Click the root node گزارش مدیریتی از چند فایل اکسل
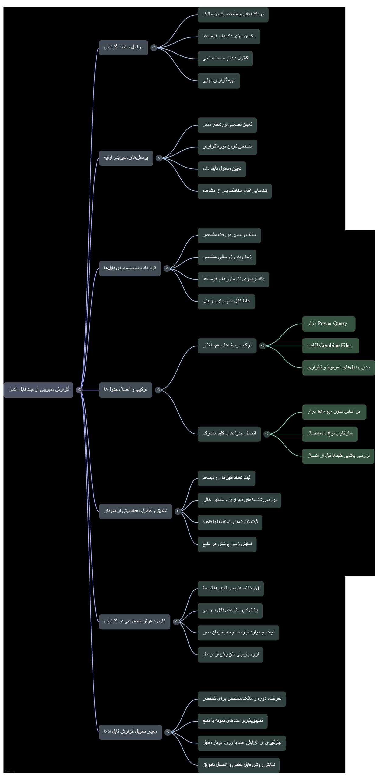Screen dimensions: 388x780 38,390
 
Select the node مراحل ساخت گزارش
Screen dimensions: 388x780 123,48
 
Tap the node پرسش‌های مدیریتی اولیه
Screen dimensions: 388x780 126,158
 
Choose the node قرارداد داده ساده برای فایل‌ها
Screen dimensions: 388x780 130,268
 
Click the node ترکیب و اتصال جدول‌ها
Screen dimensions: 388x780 125,390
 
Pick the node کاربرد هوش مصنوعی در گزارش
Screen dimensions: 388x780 135,622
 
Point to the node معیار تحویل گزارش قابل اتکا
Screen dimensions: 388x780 130,732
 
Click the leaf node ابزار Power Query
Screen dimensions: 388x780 329,324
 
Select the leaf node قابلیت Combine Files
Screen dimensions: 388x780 331,346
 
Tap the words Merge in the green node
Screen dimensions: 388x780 325,412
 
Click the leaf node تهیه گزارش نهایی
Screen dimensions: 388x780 219,81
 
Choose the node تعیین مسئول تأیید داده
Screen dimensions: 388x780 222,169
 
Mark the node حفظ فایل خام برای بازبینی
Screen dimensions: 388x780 226,302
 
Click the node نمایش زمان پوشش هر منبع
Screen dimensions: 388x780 227,544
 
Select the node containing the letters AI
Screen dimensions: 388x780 231,589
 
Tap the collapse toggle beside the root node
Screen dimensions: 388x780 79,390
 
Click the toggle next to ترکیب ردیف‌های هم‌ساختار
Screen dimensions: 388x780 263,346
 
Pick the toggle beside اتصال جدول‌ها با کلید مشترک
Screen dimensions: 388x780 267,434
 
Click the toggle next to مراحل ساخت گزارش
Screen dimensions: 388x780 154,48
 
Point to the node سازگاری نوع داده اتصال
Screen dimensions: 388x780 330,434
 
